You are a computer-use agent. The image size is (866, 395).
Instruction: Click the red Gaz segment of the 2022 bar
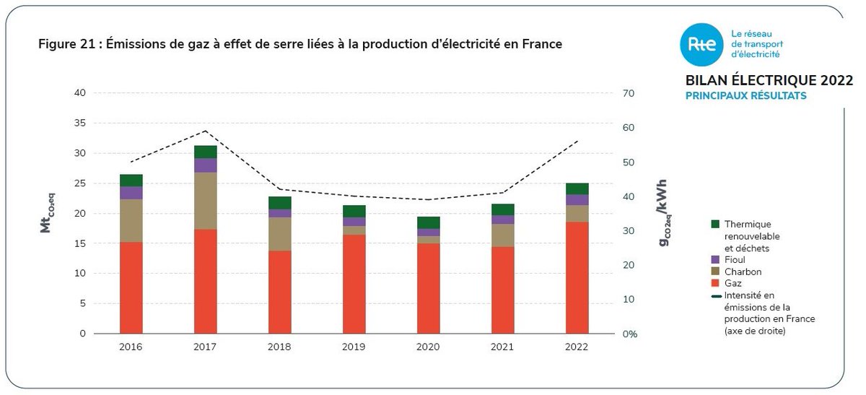577,278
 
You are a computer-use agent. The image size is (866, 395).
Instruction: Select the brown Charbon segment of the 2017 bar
205,201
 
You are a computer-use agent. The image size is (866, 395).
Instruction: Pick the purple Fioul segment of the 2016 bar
131,193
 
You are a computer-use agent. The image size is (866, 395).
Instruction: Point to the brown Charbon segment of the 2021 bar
502,235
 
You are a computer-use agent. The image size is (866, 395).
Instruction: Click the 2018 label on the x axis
279,347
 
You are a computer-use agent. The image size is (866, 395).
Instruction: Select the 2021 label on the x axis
502,347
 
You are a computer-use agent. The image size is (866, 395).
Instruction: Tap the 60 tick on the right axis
629,128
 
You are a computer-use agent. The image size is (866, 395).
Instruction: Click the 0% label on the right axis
630,334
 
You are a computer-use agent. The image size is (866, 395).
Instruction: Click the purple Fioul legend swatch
715,259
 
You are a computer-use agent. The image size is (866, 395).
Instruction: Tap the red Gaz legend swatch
715,284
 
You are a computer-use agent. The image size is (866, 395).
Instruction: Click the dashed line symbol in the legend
716,296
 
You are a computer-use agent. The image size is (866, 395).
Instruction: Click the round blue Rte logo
700,44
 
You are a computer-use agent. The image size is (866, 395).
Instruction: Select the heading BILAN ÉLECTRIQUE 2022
758,80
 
